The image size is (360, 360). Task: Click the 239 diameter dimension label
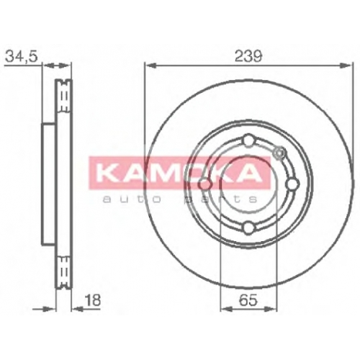tap(248, 56)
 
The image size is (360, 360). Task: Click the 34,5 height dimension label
tap(22, 56)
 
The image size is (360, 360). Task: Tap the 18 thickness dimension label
tap(93, 300)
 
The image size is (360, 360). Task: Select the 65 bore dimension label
tap(248, 300)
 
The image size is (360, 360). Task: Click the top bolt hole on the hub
tap(248, 141)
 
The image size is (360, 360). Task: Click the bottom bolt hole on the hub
tap(248, 228)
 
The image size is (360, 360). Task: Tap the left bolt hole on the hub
tap(205, 184)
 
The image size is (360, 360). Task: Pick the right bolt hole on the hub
tap(292, 184)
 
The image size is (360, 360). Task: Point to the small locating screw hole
tap(279, 153)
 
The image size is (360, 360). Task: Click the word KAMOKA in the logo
tap(179, 173)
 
